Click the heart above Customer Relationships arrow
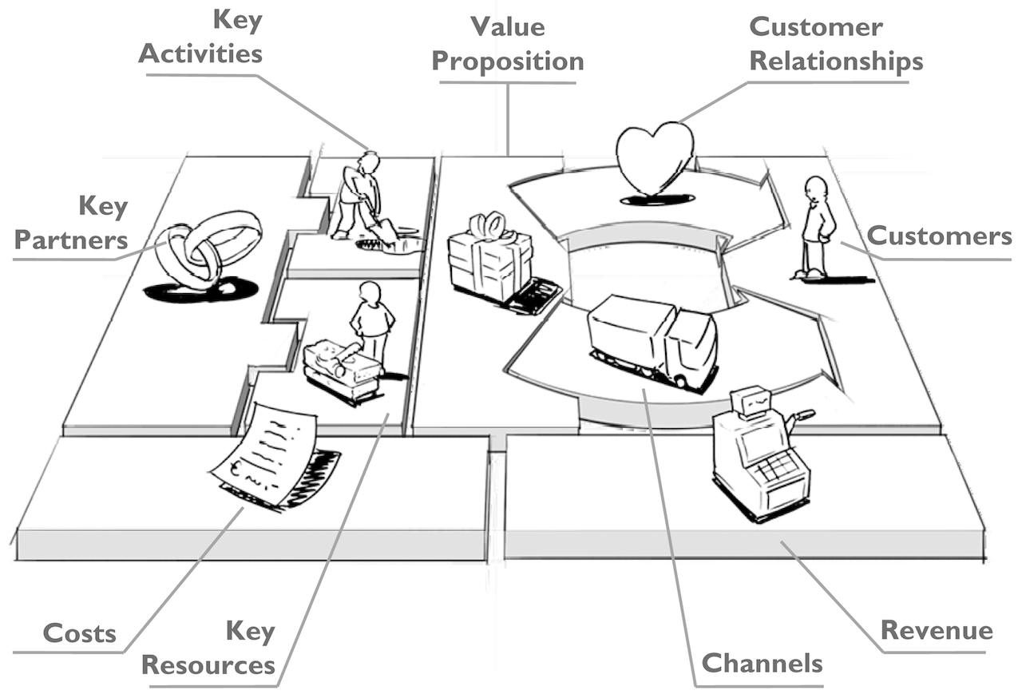pyautogui.click(x=655, y=158)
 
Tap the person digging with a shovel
pyautogui.click(x=358, y=196)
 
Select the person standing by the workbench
pyautogui.click(x=371, y=319)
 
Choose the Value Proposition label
pyautogui.click(x=508, y=44)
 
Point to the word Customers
pyautogui.click(x=939, y=236)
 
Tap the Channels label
pyautogui.click(x=762, y=663)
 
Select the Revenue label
pyautogui.click(x=937, y=630)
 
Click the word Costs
pyautogui.click(x=79, y=633)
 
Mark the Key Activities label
pyautogui.click(x=202, y=38)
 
